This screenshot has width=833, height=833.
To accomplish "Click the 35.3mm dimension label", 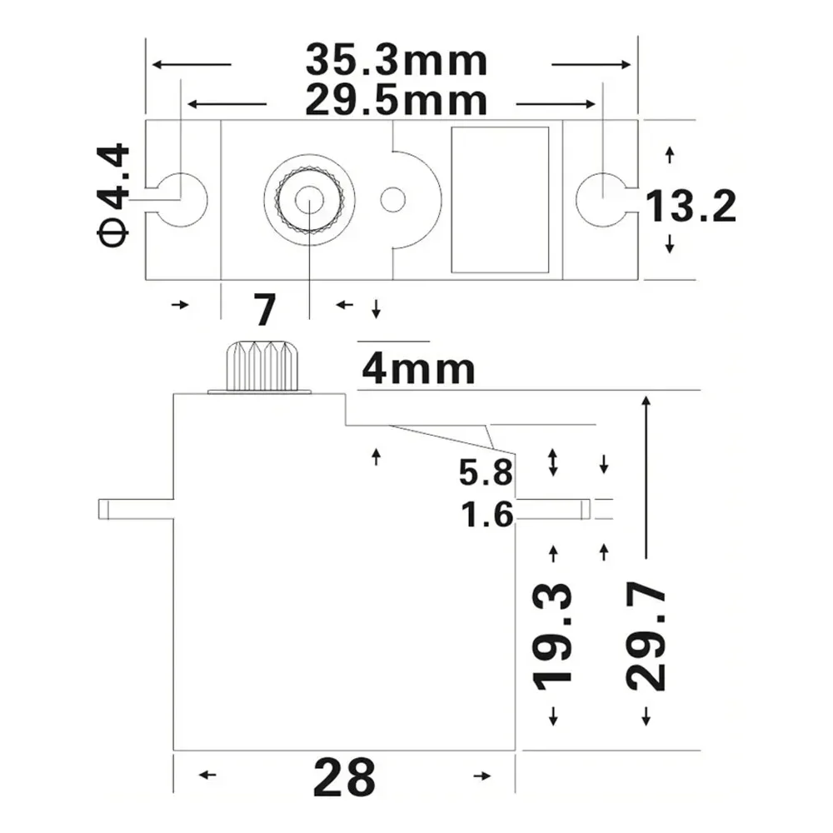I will (x=396, y=61).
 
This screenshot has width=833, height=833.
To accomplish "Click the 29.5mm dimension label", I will (x=396, y=101).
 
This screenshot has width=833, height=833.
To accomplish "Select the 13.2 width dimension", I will (x=691, y=206).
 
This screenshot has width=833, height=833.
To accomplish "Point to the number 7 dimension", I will (x=264, y=309).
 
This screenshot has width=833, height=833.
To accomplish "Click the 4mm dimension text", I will (x=418, y=369).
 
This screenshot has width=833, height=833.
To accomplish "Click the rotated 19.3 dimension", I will (x=554, y=635).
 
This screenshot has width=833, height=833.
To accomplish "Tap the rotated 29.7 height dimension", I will (x=646, y=637).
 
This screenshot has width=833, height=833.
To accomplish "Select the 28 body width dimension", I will (x=344, y=778).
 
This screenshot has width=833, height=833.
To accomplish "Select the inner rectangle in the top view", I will (x=500, y=200).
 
